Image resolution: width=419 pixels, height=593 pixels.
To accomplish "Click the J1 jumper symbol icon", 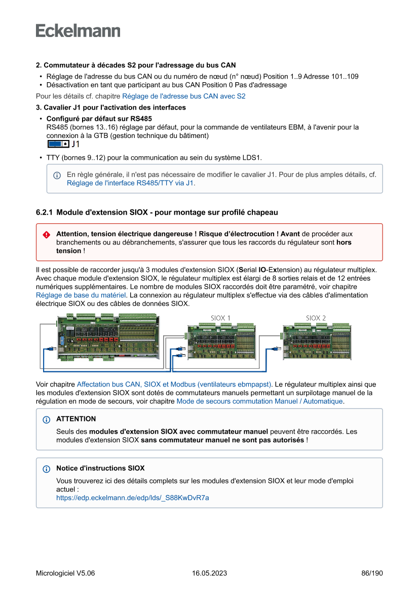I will [58, 145].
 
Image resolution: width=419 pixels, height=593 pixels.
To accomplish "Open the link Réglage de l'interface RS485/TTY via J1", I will [130, 183].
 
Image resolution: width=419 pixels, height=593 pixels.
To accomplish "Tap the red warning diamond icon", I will [47, 235].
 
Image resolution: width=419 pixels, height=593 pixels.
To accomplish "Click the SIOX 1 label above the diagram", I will [220, 318].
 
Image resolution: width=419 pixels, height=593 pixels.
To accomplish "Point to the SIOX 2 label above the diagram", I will [316, 318].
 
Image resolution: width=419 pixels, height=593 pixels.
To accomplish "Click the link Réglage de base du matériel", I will [81, 295].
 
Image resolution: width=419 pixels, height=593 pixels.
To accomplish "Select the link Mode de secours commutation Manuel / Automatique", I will [259, 401].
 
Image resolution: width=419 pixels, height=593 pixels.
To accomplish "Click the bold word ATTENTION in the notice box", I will [76, 419].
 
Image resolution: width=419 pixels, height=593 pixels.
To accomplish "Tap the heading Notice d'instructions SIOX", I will [100, 468].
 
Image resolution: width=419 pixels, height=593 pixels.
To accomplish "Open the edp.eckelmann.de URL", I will [132, 498].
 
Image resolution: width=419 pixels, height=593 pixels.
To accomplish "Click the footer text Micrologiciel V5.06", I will [65, 573].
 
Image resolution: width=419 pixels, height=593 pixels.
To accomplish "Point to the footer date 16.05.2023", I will [209, 573].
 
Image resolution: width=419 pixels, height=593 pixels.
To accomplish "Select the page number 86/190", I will [372, 573].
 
